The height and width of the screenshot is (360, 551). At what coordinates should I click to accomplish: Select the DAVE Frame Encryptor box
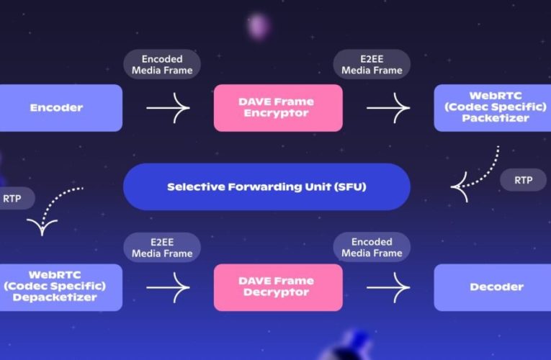point(277,108)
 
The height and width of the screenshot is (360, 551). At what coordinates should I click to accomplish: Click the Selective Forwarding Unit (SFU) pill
point(266,186)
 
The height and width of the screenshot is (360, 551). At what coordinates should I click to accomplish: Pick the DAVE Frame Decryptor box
point(277,287)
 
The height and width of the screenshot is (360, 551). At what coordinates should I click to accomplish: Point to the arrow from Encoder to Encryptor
point(168,108)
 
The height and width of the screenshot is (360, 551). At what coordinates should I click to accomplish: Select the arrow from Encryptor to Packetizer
point(388,108)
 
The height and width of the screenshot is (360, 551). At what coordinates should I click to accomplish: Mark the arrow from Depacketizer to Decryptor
point(168,287)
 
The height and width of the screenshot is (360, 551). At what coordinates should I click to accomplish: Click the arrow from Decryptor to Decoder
point(388,287)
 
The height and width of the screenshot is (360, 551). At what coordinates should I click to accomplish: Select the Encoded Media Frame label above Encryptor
point(162,64)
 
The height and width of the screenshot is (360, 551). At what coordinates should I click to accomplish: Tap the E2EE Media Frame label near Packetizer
point(372,64)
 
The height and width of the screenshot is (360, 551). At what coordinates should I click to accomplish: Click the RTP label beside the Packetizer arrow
point(523,180)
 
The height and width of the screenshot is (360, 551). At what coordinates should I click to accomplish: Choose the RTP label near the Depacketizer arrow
point(13,198)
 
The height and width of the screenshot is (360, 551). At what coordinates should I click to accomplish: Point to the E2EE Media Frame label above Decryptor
point(161,247)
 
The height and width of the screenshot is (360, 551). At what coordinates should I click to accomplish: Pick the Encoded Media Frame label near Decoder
point(372,247)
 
